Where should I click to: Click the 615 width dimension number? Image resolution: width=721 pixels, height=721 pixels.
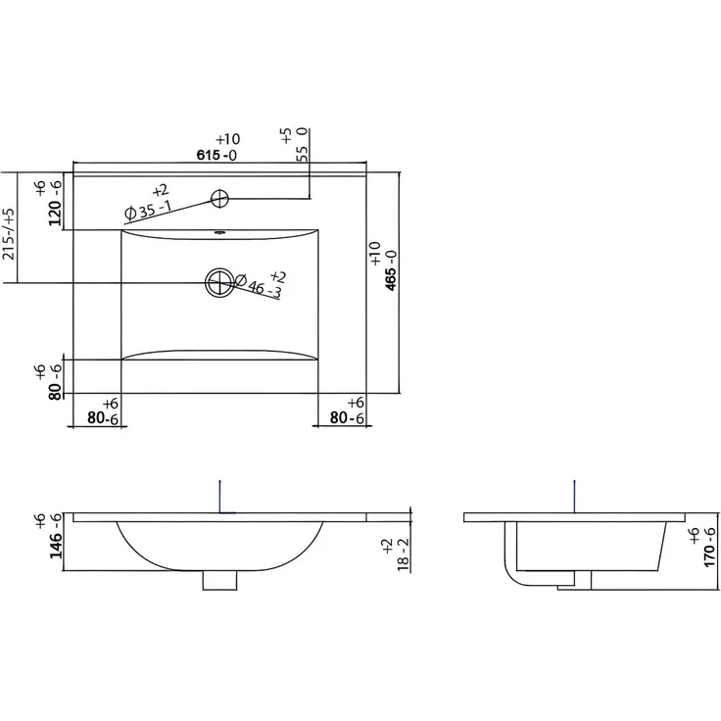point(209,155)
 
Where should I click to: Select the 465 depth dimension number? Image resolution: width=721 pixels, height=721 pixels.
point(391,278)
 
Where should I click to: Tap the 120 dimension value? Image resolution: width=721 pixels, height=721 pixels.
point(55,214)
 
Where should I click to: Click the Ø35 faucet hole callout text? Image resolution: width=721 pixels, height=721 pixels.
point(148,209)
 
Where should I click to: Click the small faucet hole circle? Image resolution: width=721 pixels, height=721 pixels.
point(219,199)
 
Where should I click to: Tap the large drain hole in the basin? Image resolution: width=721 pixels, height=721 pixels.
point(219,282)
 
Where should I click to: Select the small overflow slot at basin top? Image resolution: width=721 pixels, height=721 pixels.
point(219,233)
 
